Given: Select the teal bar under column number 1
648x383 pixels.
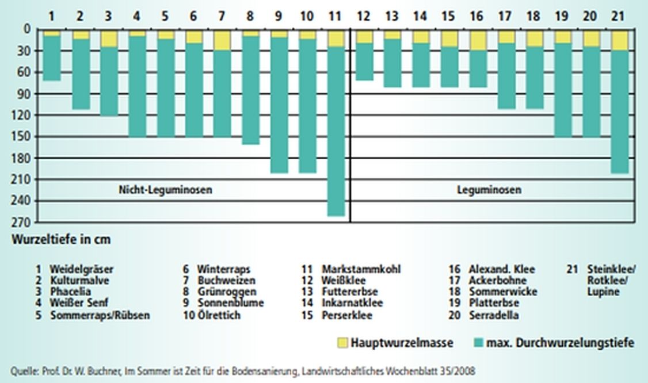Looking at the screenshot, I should pyautogui.click(x=52, y=58).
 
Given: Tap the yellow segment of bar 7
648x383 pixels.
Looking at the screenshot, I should pyautogui.click(x=222, y=40).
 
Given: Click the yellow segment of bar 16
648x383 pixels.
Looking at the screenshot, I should pyautogui.click(x=478, y=40).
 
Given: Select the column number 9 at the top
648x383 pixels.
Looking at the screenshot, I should pyautogui.click(x=279, y=16).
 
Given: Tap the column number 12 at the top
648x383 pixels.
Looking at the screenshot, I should pyautogui.click(x=364, y=16).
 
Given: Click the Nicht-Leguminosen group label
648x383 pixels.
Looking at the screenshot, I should pyautogui.click(x=165, y=190).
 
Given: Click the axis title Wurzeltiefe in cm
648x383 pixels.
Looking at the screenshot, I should pyautogui.click(x=60, y=239).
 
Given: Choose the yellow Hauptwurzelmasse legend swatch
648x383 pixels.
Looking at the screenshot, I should pyautogui.click(x=342, y=343).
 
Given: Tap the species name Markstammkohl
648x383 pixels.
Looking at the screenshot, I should pyautogui.click(x=361, y=269).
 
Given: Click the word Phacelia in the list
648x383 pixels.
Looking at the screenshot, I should pyautogui.click(x=70, y=292).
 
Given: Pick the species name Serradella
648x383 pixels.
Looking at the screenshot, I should pyautogui.click(x=493, y=315).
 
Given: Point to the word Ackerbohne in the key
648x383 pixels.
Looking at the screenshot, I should pyautogui.click(x=497, y=281).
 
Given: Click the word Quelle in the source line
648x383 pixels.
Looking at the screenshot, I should pyautogui.click(x=22, y=371).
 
